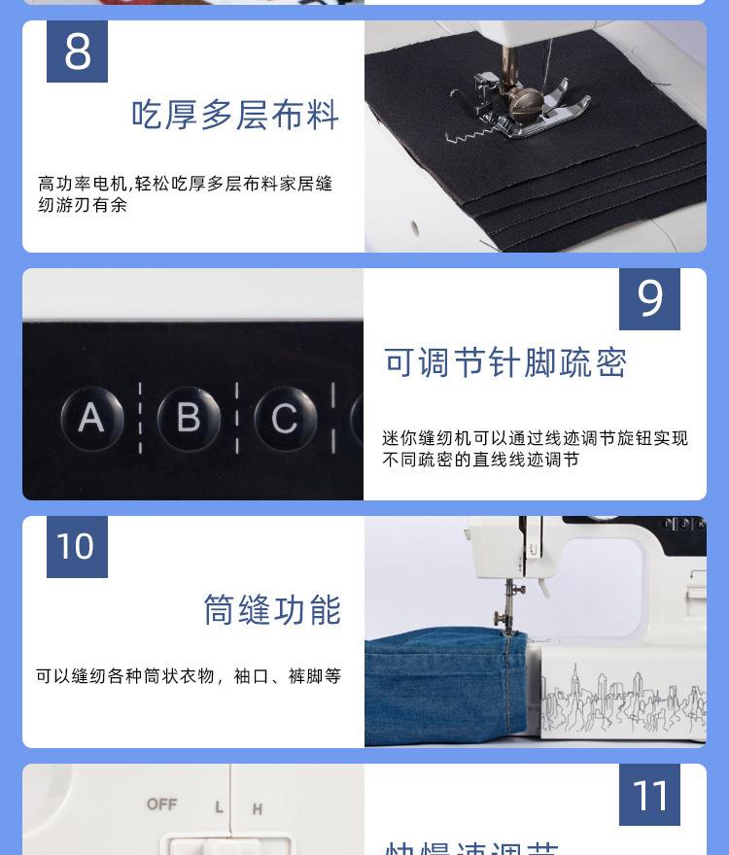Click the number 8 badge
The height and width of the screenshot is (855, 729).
(77, 51)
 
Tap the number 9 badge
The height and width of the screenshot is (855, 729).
(649, 299)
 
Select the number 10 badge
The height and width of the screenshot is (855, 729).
(77, 546)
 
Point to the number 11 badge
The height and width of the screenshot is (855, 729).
(649, 795)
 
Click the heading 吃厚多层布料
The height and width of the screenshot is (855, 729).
(235, 116)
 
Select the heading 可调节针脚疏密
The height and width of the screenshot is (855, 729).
(505, 362)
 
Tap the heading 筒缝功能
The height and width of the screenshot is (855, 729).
(272, 610)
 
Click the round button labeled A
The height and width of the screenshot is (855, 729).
(91, 419)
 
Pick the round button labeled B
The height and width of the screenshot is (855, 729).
(188, 419)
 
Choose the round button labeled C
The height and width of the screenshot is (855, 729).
(284, 419)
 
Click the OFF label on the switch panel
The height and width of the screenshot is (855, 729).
(161, 804)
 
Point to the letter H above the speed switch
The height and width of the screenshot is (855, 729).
(258, 808)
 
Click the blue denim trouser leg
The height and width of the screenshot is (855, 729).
(437, 685)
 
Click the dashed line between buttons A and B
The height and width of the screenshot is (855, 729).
(140, 419)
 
